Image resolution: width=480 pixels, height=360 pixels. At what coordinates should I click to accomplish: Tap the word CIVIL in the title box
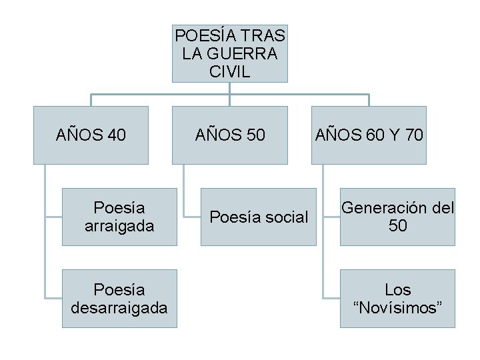point(229,71)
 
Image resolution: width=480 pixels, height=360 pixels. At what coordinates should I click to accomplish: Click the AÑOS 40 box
point(91,135)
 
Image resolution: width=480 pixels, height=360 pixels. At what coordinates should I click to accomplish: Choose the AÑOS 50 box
point(230,135)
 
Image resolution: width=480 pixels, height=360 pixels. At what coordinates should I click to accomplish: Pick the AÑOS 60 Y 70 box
point(369,135)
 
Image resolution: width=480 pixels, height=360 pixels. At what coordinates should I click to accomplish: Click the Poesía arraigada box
point(119,217)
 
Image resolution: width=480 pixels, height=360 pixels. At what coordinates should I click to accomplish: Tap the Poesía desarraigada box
point(119,299)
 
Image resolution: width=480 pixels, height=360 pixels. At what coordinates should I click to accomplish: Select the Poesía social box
point(259,217)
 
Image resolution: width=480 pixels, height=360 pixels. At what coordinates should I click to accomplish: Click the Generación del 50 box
point(397,217)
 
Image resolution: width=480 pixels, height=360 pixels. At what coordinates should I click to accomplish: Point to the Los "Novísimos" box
point(397,299)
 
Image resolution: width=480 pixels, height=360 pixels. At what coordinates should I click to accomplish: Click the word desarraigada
point(119,308)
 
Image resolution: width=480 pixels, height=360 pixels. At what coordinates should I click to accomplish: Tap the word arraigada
point(119,226)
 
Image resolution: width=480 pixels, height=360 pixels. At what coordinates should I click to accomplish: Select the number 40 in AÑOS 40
point(116,135)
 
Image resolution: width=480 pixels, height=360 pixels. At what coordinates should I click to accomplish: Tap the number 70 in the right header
point(413,135)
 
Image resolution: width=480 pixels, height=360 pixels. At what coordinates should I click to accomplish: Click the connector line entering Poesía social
point(192,217)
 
